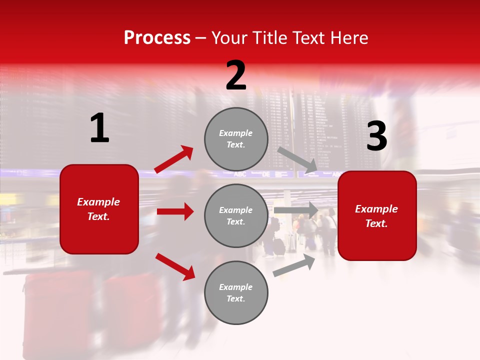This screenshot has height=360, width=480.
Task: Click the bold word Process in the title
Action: point(157,38)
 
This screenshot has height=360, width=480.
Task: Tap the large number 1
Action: point(99,128)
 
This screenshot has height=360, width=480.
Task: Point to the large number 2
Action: point(236,76)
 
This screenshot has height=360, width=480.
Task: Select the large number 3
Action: point(376,136)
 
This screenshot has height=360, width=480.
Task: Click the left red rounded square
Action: point(99,209)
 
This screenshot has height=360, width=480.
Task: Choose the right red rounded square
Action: point(377,215)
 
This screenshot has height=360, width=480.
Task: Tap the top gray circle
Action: point(236,139)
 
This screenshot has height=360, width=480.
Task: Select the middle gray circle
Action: point(236,215)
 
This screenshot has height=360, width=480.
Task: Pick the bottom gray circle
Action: point(236,292)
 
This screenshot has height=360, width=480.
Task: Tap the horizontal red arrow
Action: point(175,211)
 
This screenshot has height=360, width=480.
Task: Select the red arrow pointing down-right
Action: point(175,266)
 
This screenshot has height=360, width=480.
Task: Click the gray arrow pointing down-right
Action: point(297,160)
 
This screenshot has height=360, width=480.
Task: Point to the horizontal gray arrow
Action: point(296,210)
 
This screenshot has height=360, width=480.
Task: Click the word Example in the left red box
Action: point(98,202)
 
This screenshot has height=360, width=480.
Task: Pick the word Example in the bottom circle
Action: point(235,287)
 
